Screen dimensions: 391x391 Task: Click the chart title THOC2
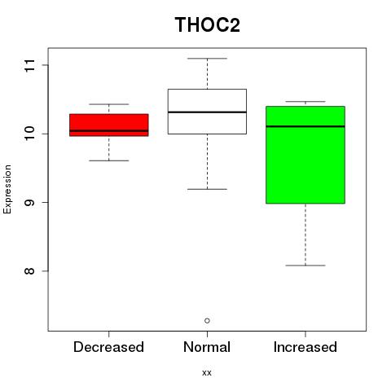pos(208,25)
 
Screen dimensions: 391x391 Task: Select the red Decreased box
pos(109,125)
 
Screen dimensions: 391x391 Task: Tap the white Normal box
pos(207,112)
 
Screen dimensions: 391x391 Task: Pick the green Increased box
pos(305,155)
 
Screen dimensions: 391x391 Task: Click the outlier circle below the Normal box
pos(207,321)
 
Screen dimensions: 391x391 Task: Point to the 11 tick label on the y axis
pos(30,65)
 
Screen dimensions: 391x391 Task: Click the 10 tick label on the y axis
pos(30,134)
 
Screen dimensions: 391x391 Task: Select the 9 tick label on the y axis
pos(30,202)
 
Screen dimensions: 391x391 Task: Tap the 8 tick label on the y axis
pos(30,271)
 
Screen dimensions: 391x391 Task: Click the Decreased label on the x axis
pos(108,347)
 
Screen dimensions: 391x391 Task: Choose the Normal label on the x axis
pos(207,347)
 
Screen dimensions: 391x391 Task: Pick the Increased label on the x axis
pos(305,347)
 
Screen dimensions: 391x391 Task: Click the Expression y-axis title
pos(7,189)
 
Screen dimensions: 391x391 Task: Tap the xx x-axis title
pos(207,373)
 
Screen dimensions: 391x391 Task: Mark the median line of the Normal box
pos(207,112)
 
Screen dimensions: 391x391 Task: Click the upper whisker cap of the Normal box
pos(207,59)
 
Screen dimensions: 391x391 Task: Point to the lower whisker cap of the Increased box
pos(305,266)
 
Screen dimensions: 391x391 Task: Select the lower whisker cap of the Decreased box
pos(109,160)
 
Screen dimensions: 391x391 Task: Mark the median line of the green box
pos(305,126)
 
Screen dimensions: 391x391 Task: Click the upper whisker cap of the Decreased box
pos(109,104)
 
